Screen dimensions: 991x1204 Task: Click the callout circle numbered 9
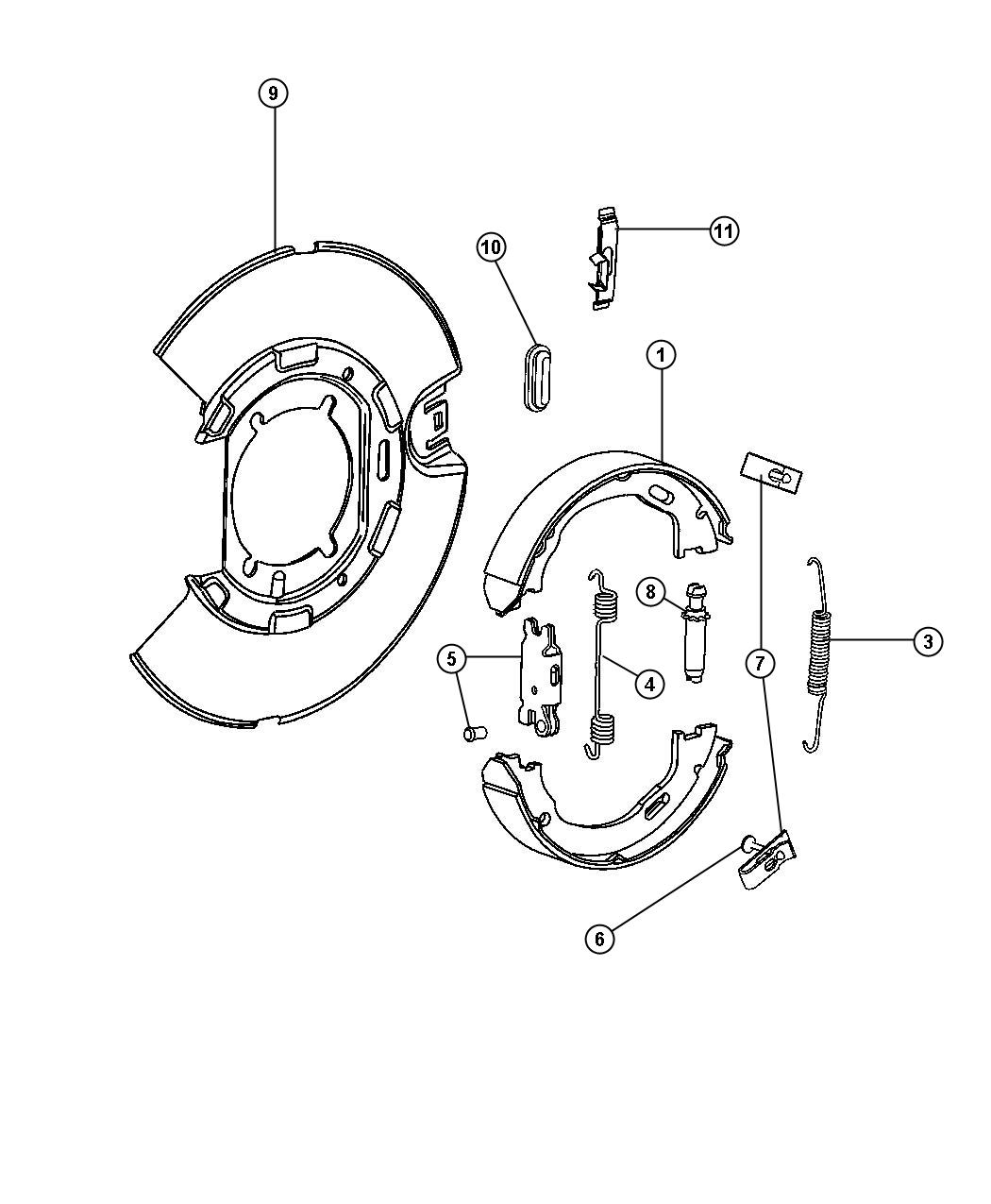(274, 93)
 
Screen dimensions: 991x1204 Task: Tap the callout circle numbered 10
(491, 248)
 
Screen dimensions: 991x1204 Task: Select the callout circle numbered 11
(724, 230)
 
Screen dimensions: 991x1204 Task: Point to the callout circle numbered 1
(662, 355)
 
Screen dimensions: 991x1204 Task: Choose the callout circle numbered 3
(928, 641)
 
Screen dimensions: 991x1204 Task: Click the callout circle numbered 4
(649, 685)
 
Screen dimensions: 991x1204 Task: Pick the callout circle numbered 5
(452, 658)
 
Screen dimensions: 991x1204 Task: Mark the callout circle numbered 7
(760, 664)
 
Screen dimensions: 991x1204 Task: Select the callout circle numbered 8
(651, 592)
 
